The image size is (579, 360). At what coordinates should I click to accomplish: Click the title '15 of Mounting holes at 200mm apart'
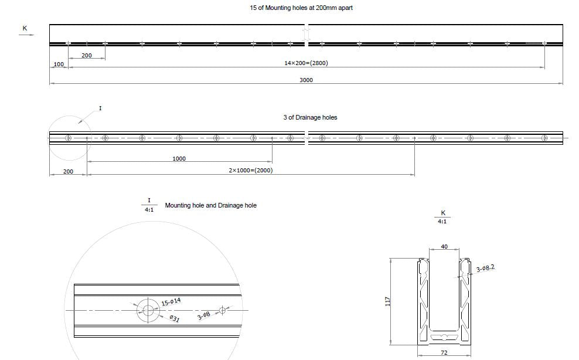click(x=301, y=8)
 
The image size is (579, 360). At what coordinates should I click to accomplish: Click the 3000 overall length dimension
click(x=306, y=80)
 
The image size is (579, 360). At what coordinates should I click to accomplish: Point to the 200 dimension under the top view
click(x=86, y=55)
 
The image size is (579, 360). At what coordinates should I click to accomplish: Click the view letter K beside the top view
click(x=25, y=28)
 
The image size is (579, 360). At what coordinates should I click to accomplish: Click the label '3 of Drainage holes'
click(x=310, y=117)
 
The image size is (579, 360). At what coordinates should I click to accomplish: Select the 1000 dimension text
click(x=179, y=158)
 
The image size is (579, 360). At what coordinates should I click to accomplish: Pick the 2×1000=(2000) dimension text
click(x=250, y=171)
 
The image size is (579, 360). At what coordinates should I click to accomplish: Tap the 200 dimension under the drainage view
click(x=68, y=172)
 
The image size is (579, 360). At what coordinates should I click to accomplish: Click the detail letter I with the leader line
click(x=100, y=108)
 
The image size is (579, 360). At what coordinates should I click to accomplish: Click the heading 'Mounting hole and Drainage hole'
click(x=211, y=206)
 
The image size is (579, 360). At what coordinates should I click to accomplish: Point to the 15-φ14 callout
click(x=171, y=302)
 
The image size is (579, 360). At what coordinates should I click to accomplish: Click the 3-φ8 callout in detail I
click(x=204, y=315)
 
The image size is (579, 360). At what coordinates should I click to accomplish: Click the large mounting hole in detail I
click(x=148, y=310)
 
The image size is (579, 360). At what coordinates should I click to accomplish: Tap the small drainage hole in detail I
click(x=222, y=310)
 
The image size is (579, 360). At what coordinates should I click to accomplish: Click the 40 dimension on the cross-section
click(x=444, y=247)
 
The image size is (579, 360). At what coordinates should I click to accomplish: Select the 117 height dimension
click(x=388, y=301)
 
